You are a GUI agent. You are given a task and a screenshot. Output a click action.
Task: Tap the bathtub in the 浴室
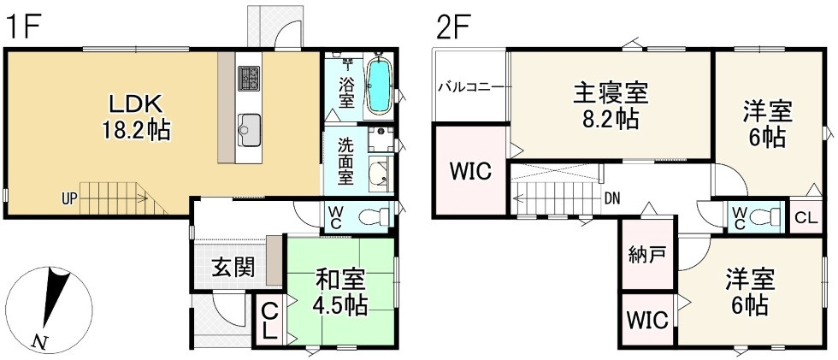click(x=379, y=86)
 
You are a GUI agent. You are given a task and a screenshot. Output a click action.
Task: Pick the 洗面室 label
click(x=345, y=162)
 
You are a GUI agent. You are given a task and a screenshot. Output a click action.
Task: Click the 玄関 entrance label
click(x=233, y=268)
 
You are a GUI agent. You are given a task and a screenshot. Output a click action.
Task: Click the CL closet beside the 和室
click(x=269, y=322)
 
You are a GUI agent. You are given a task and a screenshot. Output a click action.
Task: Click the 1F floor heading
click(x=23, y=28)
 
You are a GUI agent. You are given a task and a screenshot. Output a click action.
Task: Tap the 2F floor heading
click(x=455, y=28)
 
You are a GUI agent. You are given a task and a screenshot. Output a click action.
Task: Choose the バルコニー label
click(x=470, y=86)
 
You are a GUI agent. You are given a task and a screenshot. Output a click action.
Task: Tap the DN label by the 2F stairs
click(x=611, y=199)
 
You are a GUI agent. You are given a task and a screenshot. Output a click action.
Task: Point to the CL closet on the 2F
click(x=806, y=216)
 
